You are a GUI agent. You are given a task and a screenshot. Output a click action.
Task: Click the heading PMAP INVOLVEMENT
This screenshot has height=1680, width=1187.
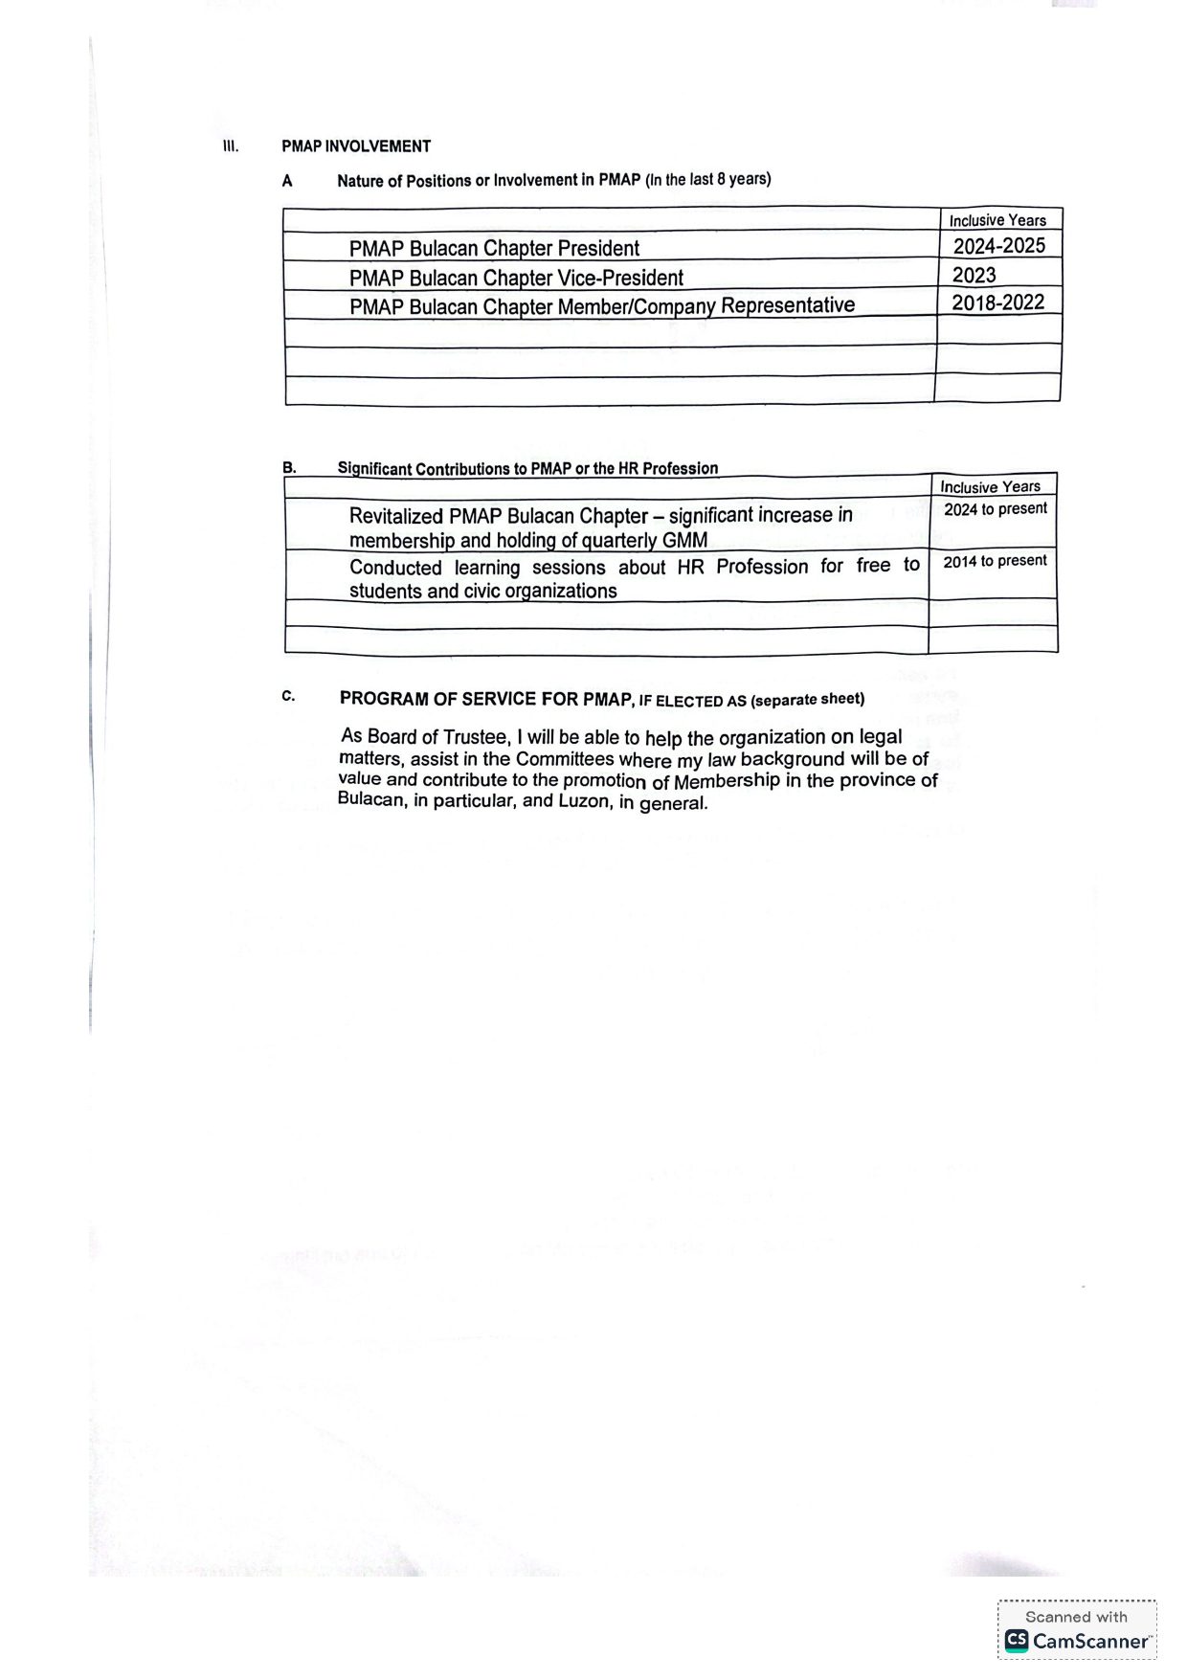[x=356, y=146]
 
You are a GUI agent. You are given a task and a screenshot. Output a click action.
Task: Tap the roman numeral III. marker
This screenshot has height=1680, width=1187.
[x=230, y=146]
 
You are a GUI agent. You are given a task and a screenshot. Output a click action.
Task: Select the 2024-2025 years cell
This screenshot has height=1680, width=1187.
[x=998, y=246]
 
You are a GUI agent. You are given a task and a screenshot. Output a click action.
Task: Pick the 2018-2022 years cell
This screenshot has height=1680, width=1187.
[x=997, y=302]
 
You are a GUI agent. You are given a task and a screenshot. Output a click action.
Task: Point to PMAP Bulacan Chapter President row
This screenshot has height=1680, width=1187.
[x=494, y=249]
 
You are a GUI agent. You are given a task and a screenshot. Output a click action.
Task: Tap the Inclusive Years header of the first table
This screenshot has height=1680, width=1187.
[x=997, y=220]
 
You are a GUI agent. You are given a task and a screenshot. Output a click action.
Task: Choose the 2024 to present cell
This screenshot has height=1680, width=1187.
[x=996, y=509]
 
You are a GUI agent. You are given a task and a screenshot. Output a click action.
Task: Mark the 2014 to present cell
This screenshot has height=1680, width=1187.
[x=995, y=561]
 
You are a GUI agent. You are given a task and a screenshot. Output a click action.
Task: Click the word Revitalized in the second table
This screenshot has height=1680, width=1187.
[x=396, y=516]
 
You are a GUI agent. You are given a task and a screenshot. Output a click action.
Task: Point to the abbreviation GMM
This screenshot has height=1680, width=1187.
[x=685, y=540]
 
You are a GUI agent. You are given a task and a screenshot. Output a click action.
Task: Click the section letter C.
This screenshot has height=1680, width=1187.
[x=288, y=696]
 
